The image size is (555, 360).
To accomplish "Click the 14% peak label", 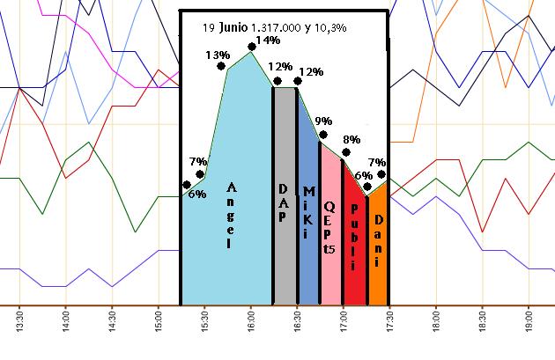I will [268, 40].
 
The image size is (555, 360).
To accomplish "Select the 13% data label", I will [218, 55].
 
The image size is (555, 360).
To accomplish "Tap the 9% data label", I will [323, 121].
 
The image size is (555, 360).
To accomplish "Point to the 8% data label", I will [351, 140].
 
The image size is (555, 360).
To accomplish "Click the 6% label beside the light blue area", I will [197, 194].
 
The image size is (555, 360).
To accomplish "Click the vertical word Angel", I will [232, 216].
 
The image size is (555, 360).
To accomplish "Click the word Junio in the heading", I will [233, 26].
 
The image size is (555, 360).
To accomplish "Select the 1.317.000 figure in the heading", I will [278, 27].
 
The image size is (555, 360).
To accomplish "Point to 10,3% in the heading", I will [329, 27].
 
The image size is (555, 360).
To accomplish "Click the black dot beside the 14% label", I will [252, 46].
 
